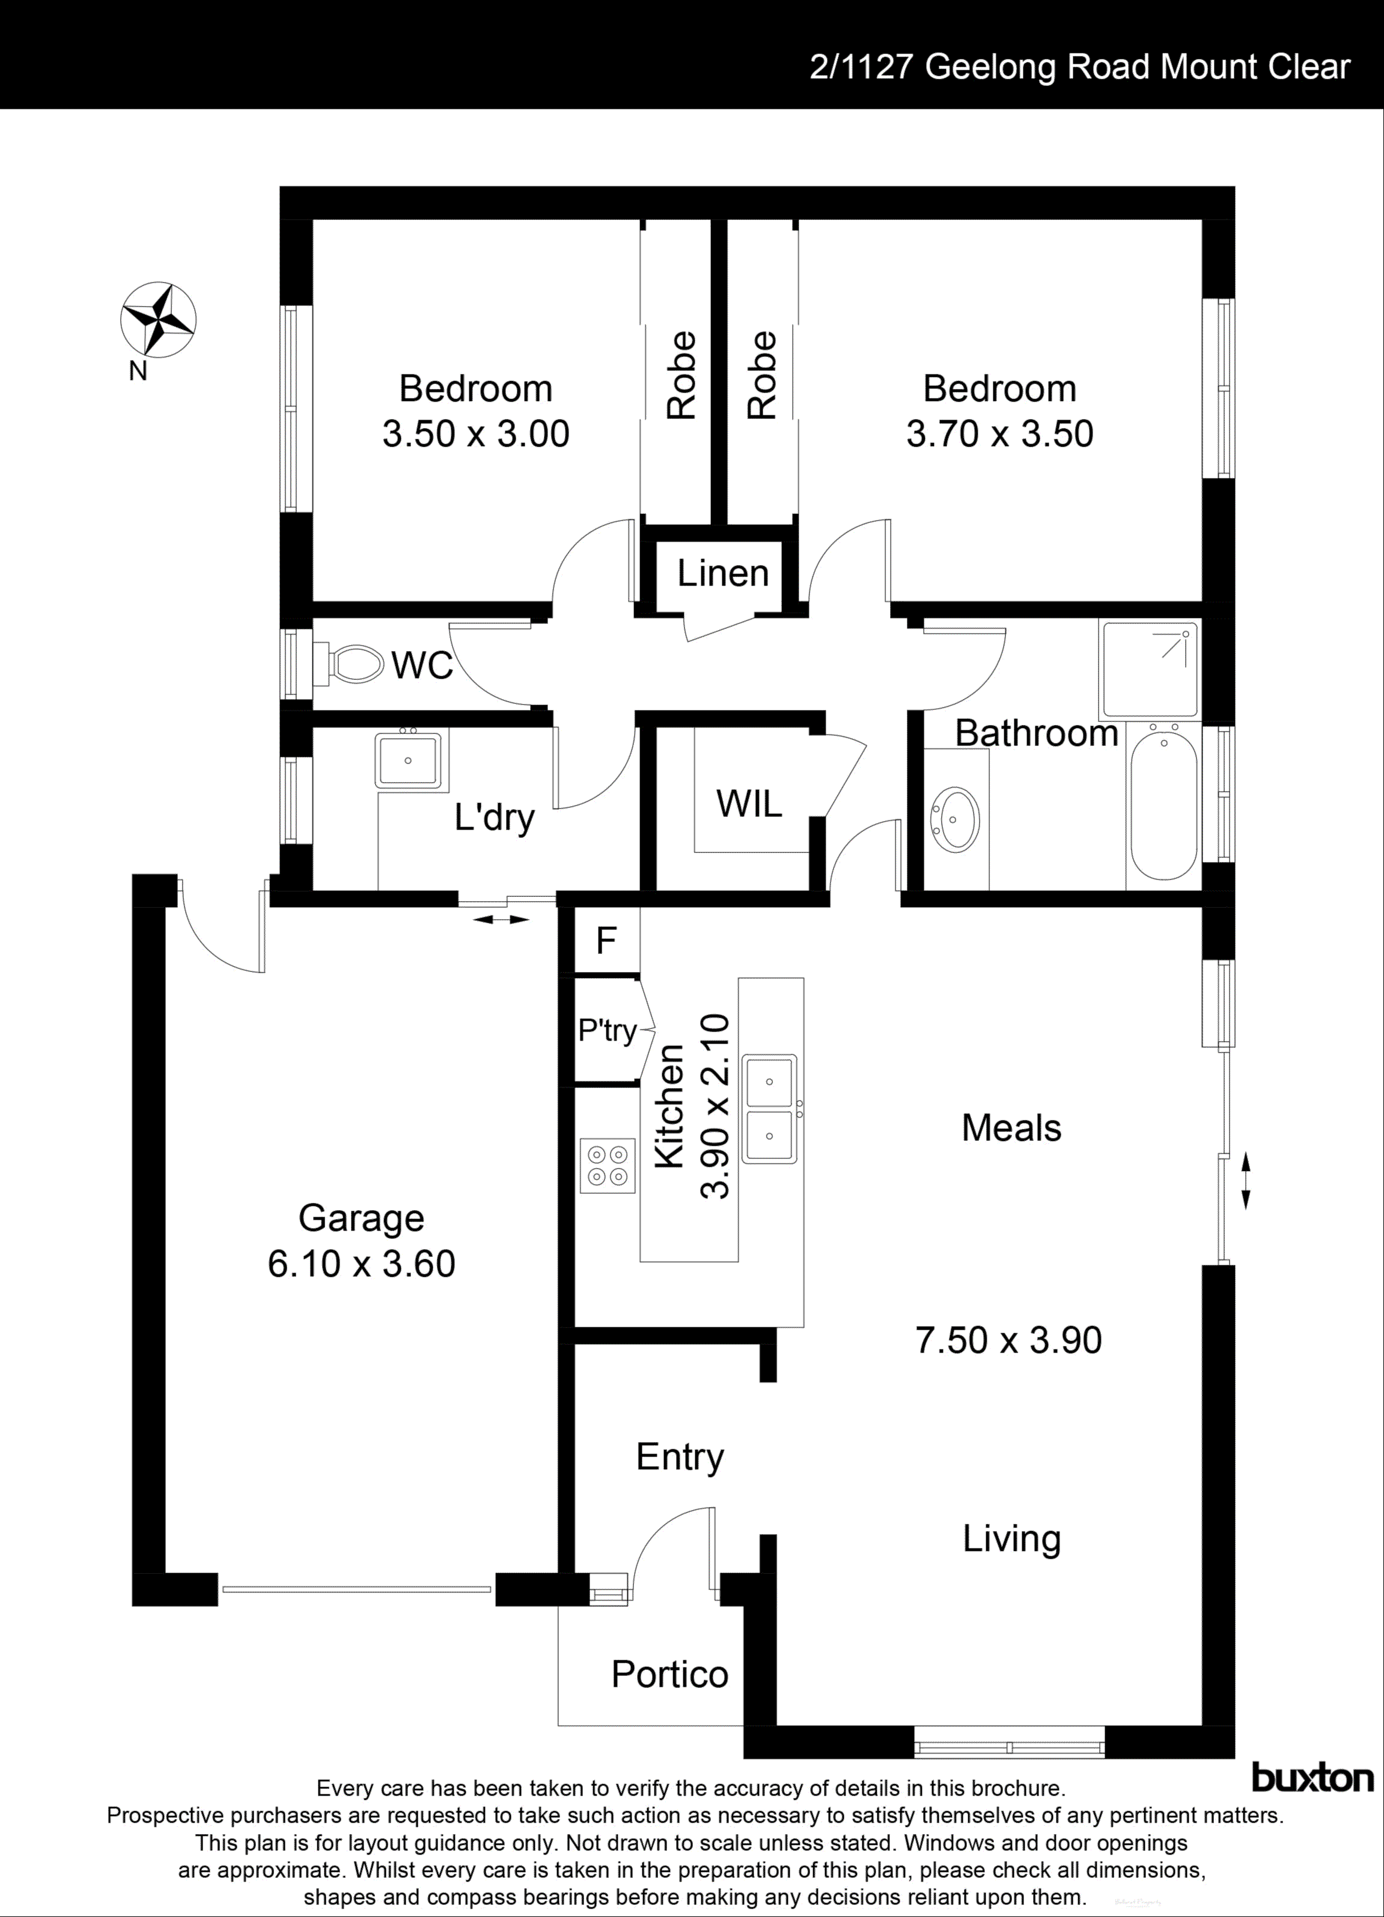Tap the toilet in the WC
(x=350, y=664)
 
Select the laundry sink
(x=409, y=760)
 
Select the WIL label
(x=749, y=803)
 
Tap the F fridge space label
(x=606, y=940)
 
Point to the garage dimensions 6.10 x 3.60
(x=362, y=1263)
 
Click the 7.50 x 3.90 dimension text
(x=1008, y=1340)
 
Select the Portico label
(x=669, y=1674)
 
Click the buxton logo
(x=1311, y=1778)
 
